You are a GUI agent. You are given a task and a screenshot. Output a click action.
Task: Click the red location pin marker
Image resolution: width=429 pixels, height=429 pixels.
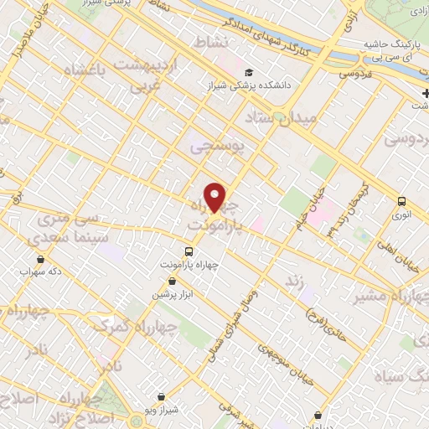(x=215, y=198)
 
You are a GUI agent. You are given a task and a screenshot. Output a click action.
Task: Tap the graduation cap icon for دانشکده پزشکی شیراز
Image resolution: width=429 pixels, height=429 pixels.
(x=249, y=73)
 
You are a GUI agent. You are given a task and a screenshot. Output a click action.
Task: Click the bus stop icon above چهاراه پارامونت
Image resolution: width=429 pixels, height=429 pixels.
(x=189, y=251)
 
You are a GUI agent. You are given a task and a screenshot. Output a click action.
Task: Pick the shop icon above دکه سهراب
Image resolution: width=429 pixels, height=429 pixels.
(x=42, y=259)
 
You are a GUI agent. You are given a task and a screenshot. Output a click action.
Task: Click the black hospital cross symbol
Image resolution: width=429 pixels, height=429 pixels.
(x=426, y=92)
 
